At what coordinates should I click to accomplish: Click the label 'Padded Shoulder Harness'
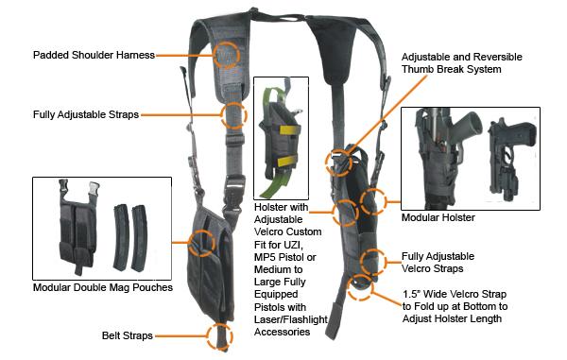[x=94, y=55]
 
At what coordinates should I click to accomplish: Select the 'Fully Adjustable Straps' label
[x=86, y=114]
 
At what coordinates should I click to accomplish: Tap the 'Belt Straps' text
[x=128, y=335]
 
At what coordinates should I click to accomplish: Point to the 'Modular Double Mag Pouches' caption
[x=103, y=287]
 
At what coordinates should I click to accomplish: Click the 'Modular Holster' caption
[x=438, y=217]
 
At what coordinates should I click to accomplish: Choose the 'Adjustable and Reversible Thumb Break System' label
[x=462, y=63]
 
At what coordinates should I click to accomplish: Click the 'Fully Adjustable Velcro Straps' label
[x=438, y=263]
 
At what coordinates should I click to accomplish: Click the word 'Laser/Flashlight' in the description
[x=291, y=319]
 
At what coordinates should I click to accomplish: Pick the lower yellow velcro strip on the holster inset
[x=286, y=161]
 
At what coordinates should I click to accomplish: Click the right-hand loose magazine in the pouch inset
[x=139, y=238]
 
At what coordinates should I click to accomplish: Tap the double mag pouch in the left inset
[x=78, y=226]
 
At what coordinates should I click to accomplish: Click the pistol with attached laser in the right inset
[x=511, y=157]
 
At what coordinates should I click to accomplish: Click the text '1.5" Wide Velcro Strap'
[x=455, y=294]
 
